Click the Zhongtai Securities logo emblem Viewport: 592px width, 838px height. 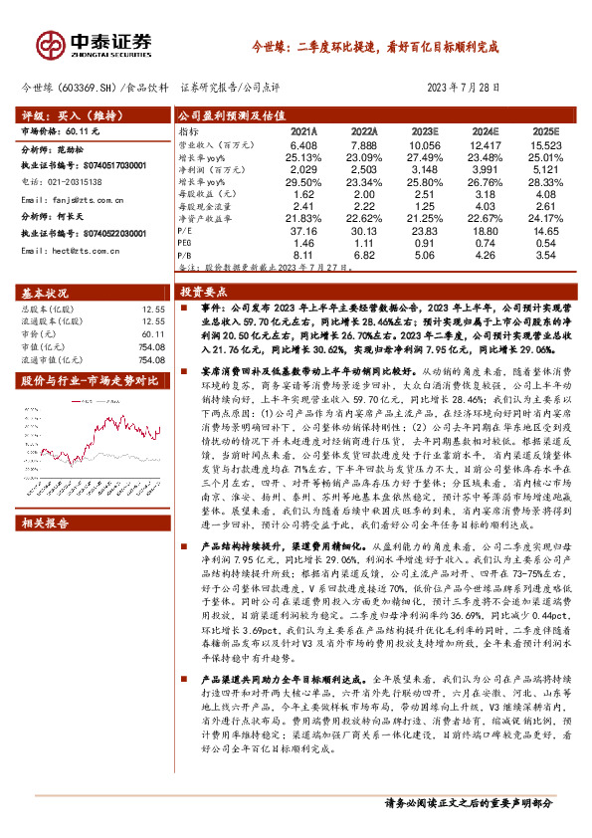coord(50,44)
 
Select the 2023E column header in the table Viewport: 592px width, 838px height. coord(423,130)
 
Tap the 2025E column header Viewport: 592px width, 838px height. coord(545,130)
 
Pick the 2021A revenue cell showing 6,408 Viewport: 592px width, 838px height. coord(303,145)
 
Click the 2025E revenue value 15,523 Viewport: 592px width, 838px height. coord(545,145)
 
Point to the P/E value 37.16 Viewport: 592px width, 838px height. coord(303,229)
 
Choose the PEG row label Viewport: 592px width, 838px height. coord(185,241)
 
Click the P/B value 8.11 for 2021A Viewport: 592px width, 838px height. coord(303,253)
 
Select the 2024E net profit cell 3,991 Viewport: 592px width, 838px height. coord(486,169)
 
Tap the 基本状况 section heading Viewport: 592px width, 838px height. coord(47,293)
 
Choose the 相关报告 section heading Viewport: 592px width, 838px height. coord(47,522)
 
